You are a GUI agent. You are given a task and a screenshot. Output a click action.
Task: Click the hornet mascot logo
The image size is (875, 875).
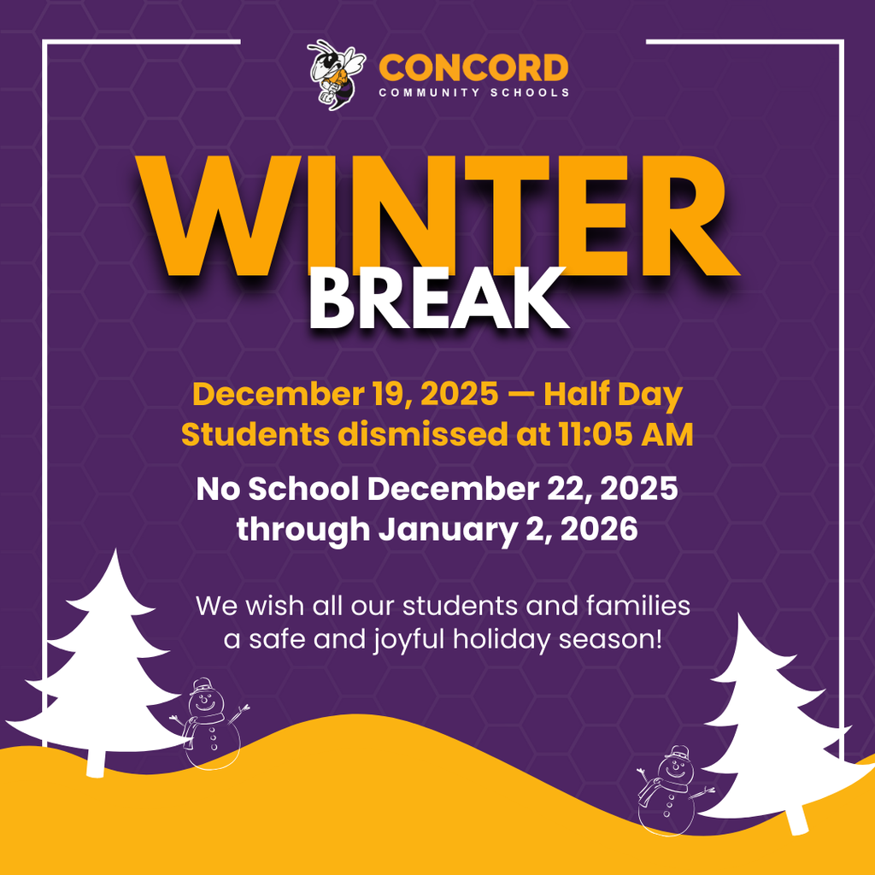[x=336, y=74]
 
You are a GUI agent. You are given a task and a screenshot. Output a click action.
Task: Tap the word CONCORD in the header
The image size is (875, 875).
[x=473, y=68]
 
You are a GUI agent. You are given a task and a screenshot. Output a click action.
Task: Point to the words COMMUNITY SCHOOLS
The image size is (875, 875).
[x=474, y=92]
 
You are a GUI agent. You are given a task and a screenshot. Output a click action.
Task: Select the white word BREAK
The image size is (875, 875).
[x=438, y=300]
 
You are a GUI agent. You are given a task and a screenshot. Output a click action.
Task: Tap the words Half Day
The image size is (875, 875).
[x=614, y=396]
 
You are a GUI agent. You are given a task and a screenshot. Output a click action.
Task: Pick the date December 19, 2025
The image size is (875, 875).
[x=345, y=396]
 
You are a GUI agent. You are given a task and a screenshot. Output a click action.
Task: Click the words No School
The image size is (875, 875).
[x=279, y=490]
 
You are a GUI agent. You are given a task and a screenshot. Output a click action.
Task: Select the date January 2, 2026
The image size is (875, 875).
[x=508, y=530]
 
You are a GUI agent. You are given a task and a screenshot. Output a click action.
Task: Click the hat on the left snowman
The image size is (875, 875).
[x=203, y=686]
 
